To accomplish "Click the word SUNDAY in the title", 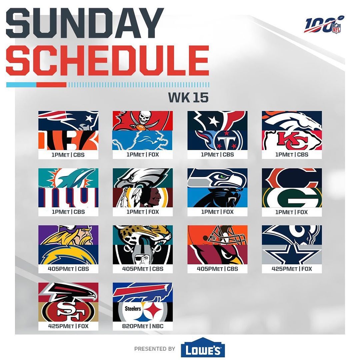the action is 85,23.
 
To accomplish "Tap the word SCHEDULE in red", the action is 107,60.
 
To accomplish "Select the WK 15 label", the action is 188,97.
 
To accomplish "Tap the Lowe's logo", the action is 203,347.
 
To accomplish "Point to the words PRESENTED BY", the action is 155,349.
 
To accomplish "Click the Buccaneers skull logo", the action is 143,121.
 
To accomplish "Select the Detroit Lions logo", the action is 143,140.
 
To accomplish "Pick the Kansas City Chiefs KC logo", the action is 292,140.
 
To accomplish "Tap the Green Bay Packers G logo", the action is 292,197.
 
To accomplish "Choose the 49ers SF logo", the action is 68,312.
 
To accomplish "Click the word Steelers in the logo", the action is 133,308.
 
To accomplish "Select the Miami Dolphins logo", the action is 68,178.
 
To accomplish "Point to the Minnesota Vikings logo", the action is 68,235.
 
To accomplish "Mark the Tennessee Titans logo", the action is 217,140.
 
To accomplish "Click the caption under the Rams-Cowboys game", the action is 292,269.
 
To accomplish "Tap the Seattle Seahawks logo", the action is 217,178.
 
